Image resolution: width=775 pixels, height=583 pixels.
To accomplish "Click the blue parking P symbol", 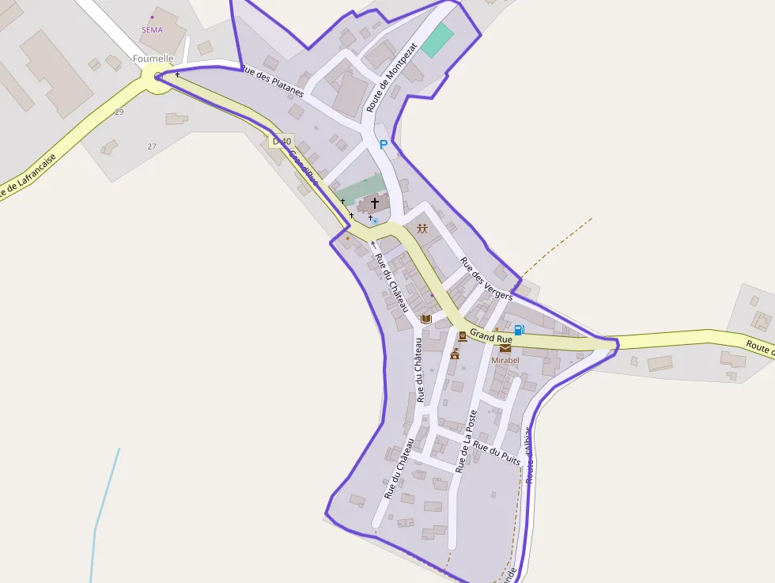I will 384,145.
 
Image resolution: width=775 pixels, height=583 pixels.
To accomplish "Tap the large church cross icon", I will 375,203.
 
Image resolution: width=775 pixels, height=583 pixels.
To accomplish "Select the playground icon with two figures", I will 422,229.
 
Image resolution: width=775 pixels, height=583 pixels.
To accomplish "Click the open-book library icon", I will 426,319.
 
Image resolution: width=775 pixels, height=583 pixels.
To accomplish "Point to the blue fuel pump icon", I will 519,330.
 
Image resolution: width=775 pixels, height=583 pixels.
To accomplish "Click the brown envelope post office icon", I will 505,347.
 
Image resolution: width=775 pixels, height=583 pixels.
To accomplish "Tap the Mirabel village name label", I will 505,360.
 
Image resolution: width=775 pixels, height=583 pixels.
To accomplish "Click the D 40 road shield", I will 281,142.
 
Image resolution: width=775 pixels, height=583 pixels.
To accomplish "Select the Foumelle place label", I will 153,59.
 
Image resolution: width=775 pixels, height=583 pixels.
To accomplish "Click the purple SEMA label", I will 151,30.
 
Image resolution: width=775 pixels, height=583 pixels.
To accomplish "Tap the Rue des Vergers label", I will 486,279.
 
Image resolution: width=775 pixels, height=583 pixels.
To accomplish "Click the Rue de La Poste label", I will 467,441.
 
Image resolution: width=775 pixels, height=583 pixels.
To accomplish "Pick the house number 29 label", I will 119,112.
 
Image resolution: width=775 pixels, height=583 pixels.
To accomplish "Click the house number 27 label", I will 152,146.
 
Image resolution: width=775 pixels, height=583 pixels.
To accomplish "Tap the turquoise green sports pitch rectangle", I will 437,40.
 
